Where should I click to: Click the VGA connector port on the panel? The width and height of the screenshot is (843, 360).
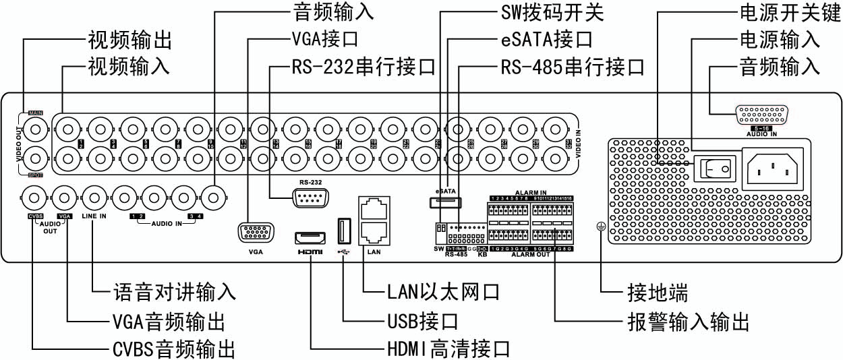254,233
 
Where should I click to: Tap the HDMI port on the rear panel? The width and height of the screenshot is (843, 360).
310,237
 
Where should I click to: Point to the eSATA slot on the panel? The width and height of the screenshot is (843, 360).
444,202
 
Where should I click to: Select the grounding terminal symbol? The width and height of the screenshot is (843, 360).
599,228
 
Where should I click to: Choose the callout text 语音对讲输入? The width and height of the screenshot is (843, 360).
173,292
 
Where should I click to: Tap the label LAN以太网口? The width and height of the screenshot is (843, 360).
443,292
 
